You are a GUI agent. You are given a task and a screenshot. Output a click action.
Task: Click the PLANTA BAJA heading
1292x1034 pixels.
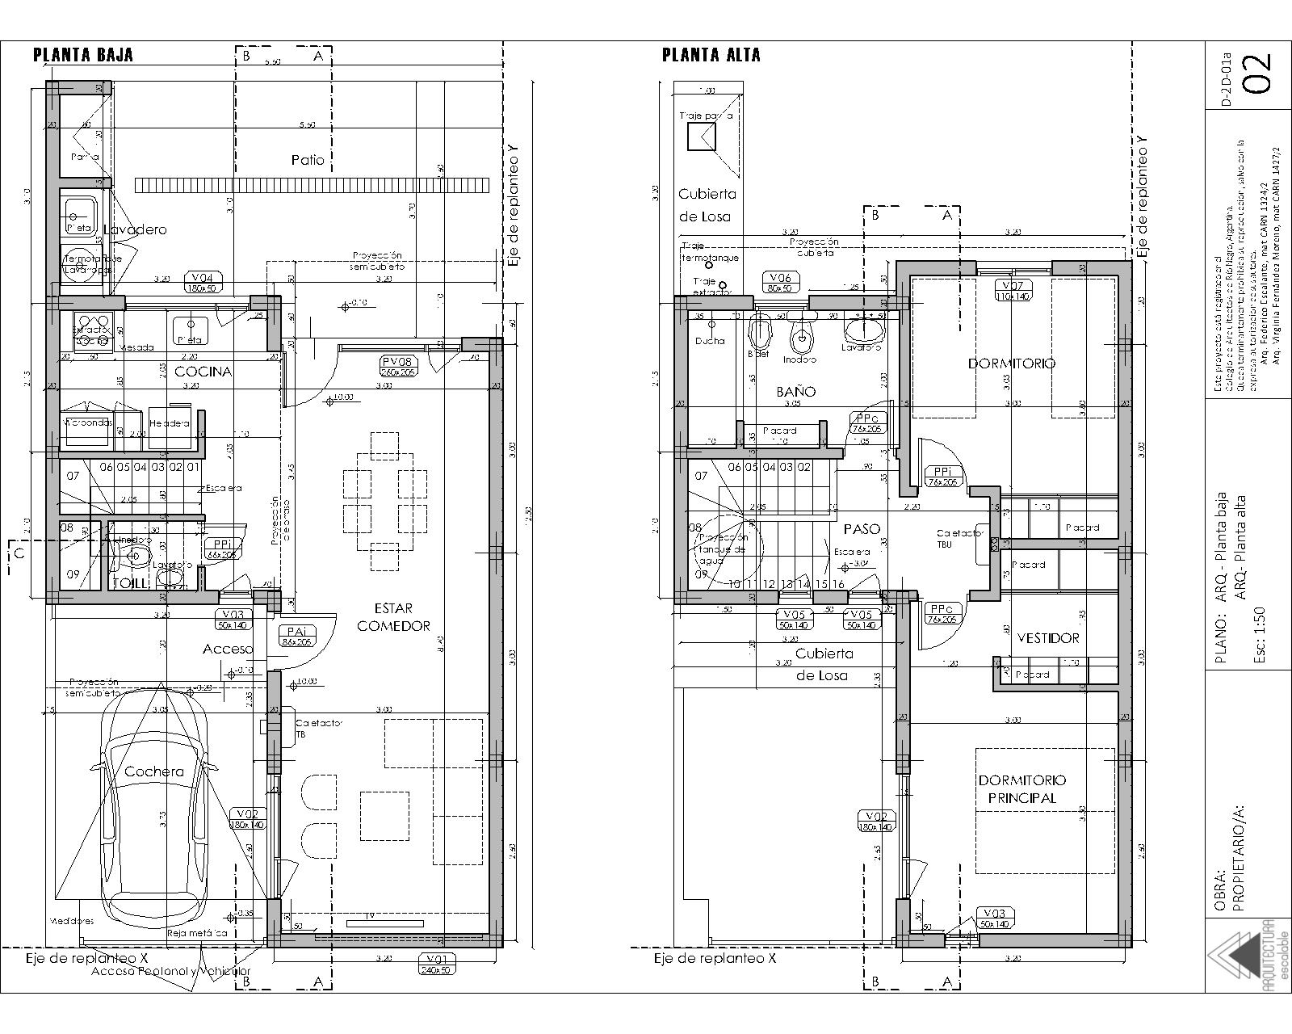pyautogui.click(x=82, y=55)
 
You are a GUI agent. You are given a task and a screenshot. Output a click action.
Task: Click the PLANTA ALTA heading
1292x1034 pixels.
pyautogui.click(x=711, y=55)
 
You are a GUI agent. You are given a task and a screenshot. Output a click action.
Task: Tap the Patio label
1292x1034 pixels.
pyautogui.click(x=308, y=160)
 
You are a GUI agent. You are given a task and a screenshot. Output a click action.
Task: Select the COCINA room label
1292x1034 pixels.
pyautogui.click(x=203, y=372)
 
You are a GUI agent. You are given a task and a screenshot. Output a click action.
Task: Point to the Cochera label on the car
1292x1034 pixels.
pyautogui.click(x=153, y=771)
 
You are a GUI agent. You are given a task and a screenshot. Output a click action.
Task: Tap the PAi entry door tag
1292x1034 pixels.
pyautogui.click(x=296, y=636)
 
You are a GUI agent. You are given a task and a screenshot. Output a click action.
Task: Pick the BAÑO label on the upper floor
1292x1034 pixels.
pyautogui.click(x=796, y=392)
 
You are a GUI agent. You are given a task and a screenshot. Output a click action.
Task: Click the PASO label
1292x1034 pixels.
pyautogui.click(x=862, y=529)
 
